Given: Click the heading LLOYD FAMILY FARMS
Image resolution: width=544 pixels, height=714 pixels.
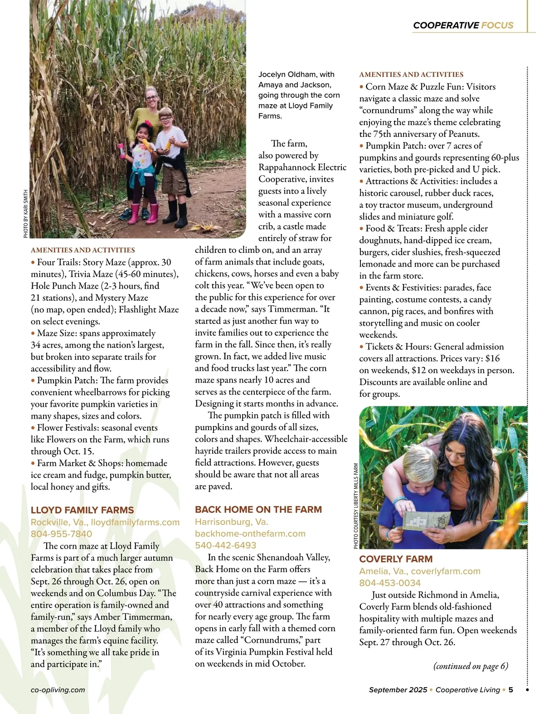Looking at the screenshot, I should point(82,510).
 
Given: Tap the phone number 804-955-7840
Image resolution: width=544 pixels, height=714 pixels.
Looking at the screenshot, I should point(61,534).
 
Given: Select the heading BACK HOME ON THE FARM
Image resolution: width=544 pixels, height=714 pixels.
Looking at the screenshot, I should point(258,510).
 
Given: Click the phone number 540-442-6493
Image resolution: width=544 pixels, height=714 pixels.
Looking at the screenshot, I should point(226,545).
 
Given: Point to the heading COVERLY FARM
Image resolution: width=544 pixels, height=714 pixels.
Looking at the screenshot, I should point(396,559).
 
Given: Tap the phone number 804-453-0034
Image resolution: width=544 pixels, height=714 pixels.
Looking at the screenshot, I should point(390,583).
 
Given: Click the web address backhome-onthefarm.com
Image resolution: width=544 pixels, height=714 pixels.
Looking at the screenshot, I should point(250,533).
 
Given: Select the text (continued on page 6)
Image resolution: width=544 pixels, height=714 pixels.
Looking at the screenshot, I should point(471,666).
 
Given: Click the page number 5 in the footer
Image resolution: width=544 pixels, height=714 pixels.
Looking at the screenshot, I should point(510,690).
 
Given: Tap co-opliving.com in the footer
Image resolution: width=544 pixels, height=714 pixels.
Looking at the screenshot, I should point(58,690).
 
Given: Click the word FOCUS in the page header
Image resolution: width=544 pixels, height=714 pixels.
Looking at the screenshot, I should point(497,25).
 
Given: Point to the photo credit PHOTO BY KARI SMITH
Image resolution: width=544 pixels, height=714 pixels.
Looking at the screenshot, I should point(26,213).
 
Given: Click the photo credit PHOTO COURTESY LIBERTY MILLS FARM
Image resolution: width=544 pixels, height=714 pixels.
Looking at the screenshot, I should point(356,506).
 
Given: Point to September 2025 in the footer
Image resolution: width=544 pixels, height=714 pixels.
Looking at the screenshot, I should point(398,690).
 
